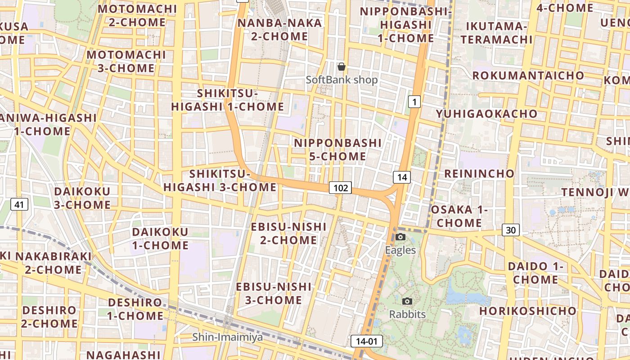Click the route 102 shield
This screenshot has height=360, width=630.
(x=340, y=188)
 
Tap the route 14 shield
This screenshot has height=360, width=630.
(x=402, y=177)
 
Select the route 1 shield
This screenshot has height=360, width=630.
(x=414, y=102)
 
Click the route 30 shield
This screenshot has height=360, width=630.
(x=511, y=230)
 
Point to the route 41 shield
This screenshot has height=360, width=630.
(x=18, y=205)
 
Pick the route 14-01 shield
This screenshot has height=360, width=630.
(x=366, y=341)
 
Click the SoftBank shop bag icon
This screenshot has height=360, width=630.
(x=342, y=67)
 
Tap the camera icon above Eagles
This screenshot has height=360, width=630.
(x=400, y=237)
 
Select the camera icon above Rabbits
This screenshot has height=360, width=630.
(x=407, y=301)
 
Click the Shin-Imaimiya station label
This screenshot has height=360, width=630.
(x=227, y=337)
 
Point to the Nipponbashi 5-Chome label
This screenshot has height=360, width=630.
(x=337, y=149)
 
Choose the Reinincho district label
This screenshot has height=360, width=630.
(x=479, y=173)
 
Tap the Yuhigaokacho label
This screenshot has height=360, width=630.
(x=486, y=114)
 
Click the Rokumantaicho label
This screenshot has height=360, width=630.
(x=528, y=75)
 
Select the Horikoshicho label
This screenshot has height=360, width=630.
(x=527, y=311)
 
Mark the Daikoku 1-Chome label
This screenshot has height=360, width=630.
(x=160, y=238)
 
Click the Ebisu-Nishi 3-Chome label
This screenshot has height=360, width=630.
(x=274, y=293)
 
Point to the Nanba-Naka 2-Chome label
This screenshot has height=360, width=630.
(x=279, y=30)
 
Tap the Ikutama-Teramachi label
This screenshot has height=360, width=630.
(x=496, y=33)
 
